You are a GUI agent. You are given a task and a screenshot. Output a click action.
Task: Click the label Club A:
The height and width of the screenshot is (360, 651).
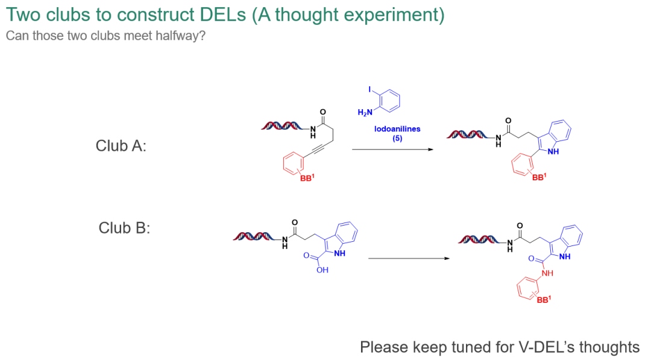[x=121, y=146]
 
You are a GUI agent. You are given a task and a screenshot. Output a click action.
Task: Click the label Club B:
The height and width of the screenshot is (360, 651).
[x=124, y=228]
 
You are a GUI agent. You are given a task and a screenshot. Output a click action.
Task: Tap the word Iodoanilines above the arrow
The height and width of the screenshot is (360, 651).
[x=397, y=129]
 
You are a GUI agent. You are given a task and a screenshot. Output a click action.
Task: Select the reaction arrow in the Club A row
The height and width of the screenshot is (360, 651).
[x=392, y=150]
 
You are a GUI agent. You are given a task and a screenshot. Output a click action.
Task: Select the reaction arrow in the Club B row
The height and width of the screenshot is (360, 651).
[x=409, y=259]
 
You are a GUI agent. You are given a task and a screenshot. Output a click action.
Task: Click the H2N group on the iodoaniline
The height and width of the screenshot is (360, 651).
[x=365, y=112]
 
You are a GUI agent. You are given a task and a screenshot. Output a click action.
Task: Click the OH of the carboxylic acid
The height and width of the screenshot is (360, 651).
[x=322, y=270]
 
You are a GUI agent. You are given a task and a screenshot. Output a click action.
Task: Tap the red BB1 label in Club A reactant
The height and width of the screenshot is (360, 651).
[x=308, y=177]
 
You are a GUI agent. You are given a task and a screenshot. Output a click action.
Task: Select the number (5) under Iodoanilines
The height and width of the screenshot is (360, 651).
[x=397, y=138]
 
